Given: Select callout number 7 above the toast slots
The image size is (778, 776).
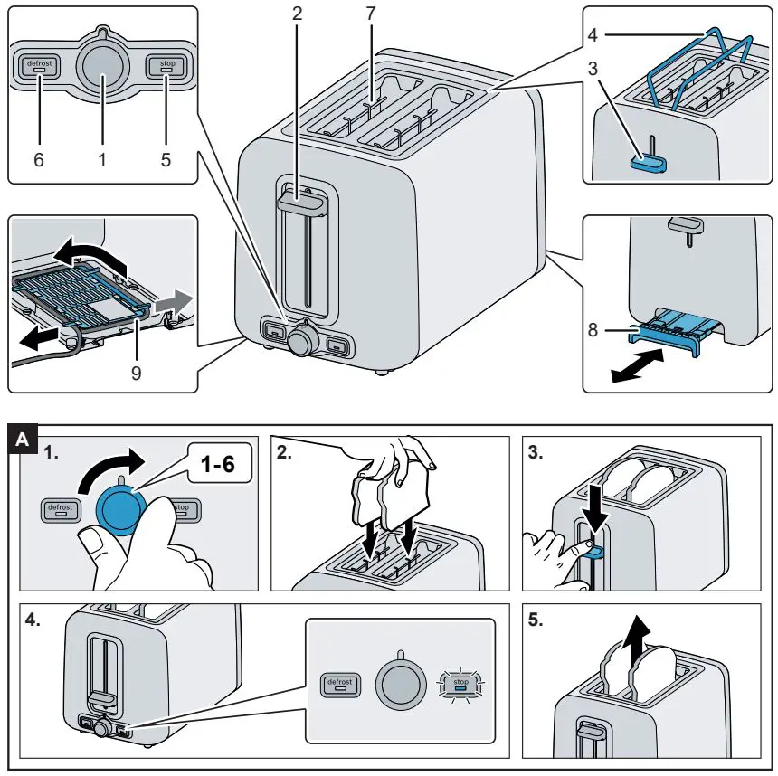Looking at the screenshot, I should point(371,15).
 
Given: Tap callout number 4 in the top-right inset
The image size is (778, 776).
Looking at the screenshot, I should point(592,37).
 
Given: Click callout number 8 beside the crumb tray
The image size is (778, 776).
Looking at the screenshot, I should point(593,332).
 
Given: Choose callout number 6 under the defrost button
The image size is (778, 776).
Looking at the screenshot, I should point(38,160).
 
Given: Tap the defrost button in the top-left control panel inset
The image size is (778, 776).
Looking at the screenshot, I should point(37,67).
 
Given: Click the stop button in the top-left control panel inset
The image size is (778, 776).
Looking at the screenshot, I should point(166,67).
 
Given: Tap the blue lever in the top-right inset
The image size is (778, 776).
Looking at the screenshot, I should point(648,162).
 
